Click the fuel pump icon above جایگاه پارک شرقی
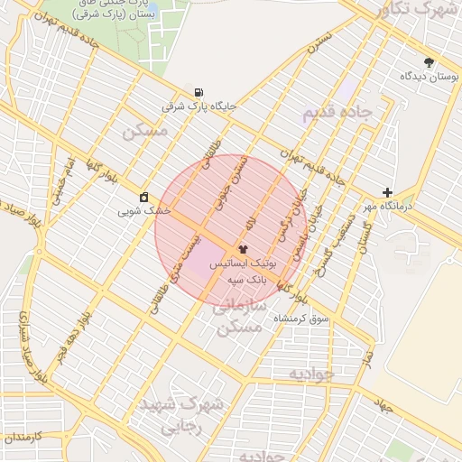[198, 91]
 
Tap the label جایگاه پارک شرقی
[199, 106]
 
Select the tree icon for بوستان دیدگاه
[429, 63]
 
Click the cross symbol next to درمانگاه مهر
[387, 192]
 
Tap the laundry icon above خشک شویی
[144, 197]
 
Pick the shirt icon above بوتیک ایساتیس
[243, 248]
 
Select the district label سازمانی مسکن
[239, 317]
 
